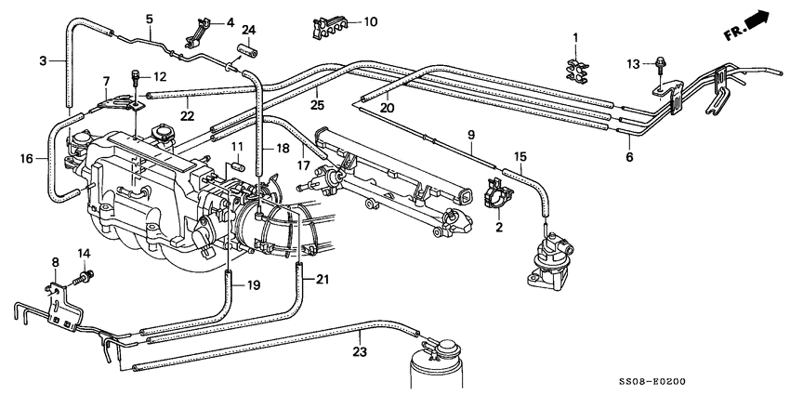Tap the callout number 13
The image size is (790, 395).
click(632, 63)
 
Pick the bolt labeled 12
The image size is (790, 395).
click(137, 75)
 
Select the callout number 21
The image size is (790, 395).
click(323, 280)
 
